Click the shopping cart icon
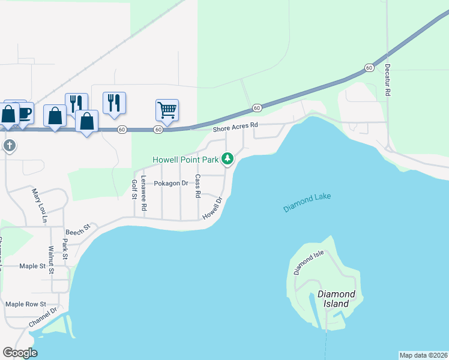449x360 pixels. point(167,110)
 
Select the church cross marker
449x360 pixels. point(9,146)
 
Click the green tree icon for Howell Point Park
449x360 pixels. point(228,159)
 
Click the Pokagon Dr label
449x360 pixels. point(171,183)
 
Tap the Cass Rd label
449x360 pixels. point(197,187)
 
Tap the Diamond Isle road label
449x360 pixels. point(309,263)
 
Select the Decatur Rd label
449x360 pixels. point(388,80)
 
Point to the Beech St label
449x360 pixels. point(77,229)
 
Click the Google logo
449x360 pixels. point(20,352)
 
